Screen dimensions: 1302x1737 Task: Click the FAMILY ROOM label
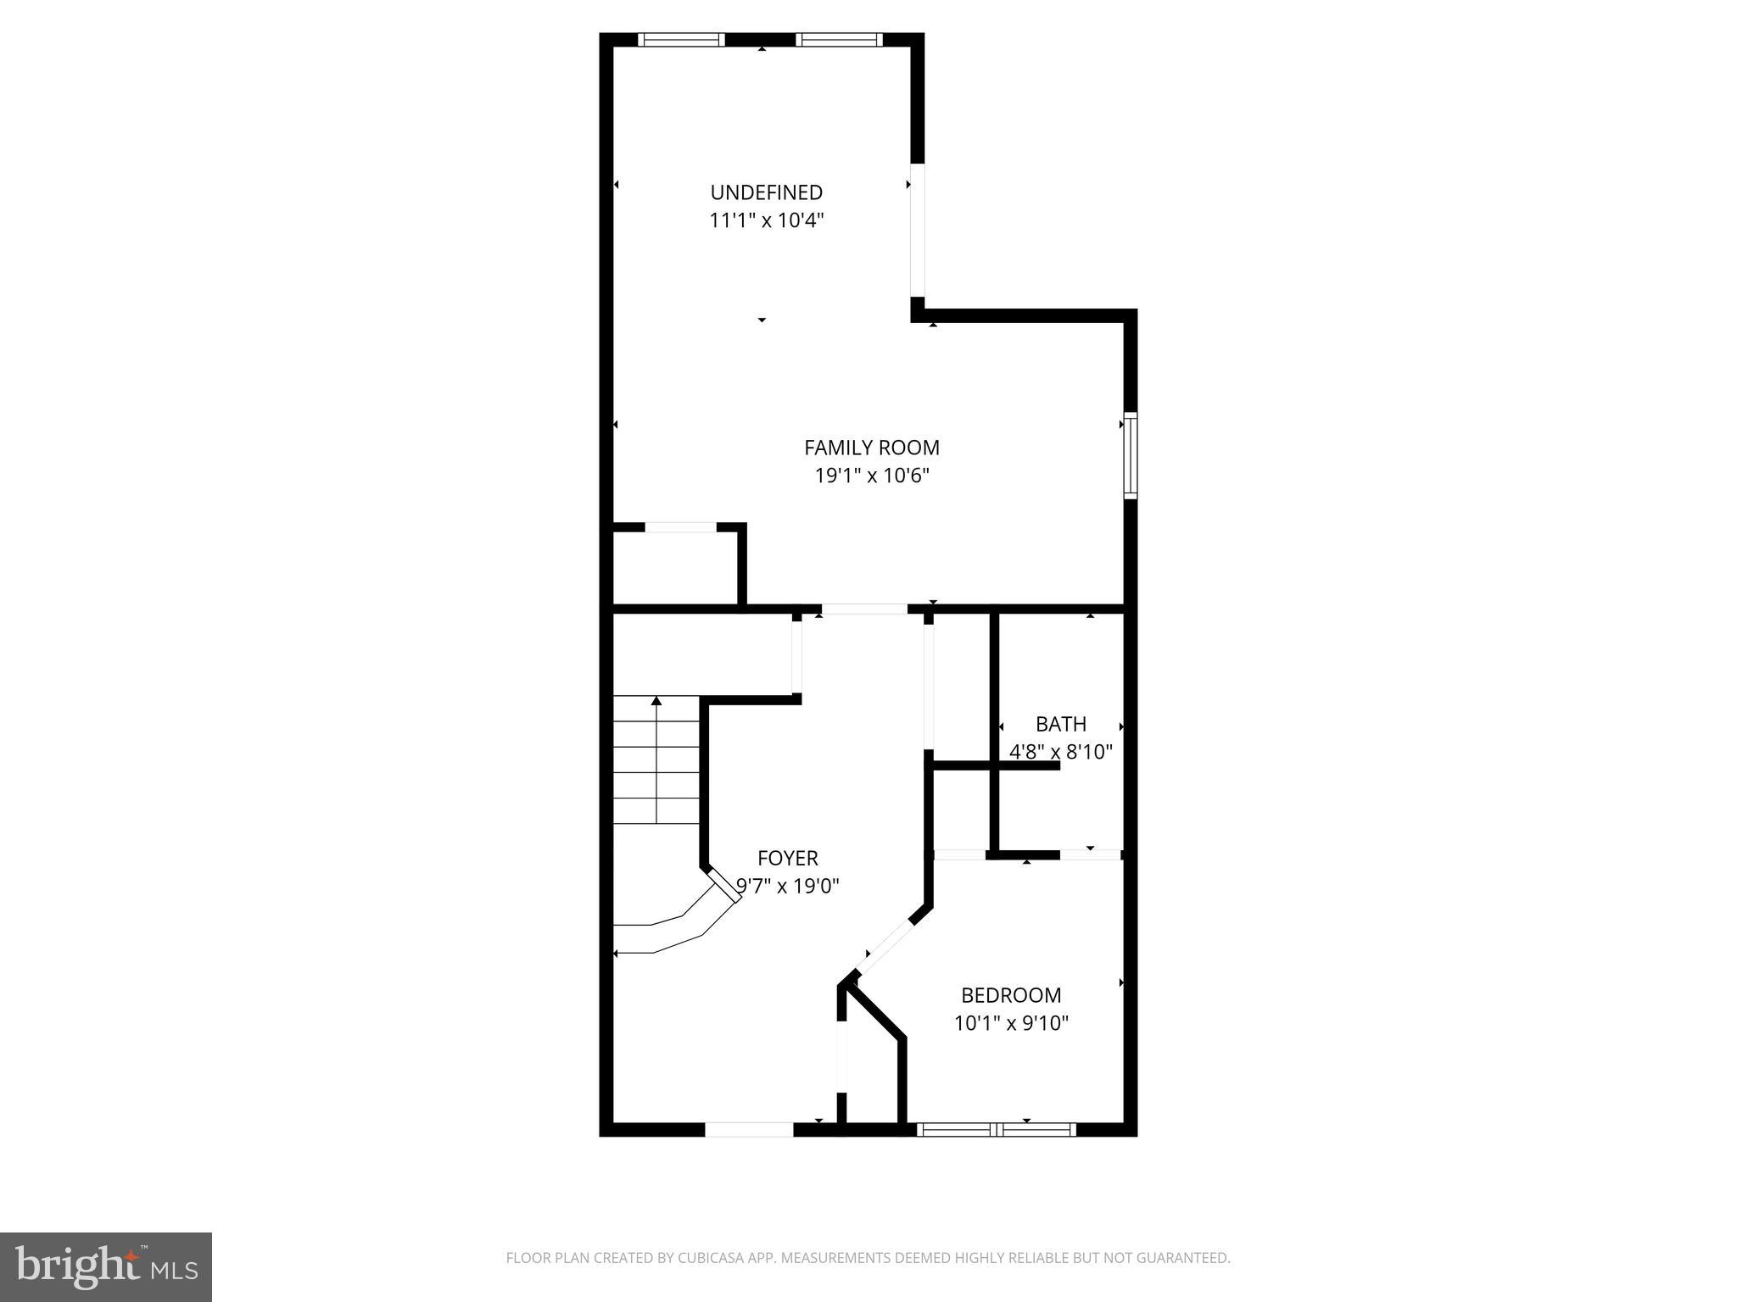pyautogui.click(x=872, y=448)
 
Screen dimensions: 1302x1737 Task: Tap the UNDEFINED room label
pyautogui.click(x=767, y=192)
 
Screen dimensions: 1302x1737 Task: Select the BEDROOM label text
pyautogui.click(x=1011, y=995)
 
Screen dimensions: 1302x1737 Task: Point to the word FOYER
pyautogui.click(x=788, y=858)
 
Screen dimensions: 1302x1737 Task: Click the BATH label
pyautogui.click(x=1061, y=724)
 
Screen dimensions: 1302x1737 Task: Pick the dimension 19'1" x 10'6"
pyautogui.click(x=872, y=476)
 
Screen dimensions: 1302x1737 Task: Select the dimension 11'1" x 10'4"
pyautogui.click(x=767, y=220)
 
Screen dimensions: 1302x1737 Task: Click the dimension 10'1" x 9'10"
pyautogui.click(x=1011, y=1023)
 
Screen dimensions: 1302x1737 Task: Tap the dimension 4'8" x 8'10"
pyautogui.click(x=1061, y=752)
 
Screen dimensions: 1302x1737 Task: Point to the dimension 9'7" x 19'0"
pyautogui.click(x=788, y=887)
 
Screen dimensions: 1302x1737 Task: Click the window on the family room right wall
pyautogui.click(x=1131, y=455)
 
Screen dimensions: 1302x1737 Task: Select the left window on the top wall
pyautogui.click(x=681, y=39)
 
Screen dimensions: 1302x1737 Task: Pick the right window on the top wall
pyautogui.click(x=839, y=39)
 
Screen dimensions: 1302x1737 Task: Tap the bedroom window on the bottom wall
pyautogui.click(x=997, y=1129)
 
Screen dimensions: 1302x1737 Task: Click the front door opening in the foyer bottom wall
pyautogui.click(x=749, y=1129)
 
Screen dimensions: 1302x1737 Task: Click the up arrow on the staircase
pyautogui.click(x=656, y=702)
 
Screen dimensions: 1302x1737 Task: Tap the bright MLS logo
pyautogui.click(x=105, y=1267)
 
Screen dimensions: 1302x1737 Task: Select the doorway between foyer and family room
pyautogui.click(x=863, y=609)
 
